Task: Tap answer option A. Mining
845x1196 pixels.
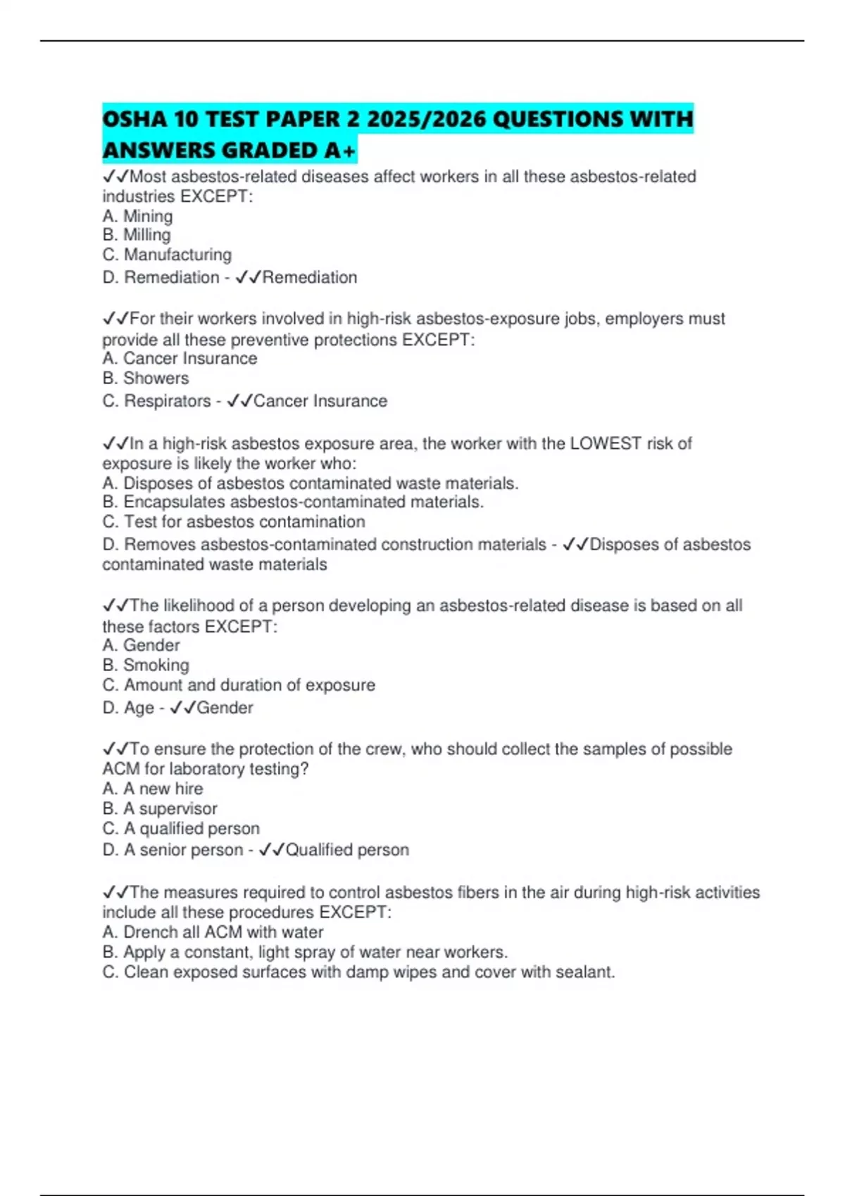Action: coord(137,216)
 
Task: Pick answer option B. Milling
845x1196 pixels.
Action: coord(137,235)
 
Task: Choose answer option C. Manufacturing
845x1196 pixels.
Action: coord(167,255)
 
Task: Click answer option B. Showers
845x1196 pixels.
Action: coord(146,378)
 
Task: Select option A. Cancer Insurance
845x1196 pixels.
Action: coord(180,359)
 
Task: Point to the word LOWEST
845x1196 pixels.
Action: coord(606,444)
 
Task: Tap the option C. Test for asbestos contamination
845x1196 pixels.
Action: coord(234,522)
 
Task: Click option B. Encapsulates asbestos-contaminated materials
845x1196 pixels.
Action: coord(293,502)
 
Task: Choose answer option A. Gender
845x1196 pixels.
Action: coord(141,646)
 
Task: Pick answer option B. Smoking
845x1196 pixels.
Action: coord(146,666)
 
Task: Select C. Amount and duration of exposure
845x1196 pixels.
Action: coord(239,685)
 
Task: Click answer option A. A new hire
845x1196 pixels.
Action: coord(153,789)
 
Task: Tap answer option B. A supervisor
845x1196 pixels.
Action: coord(160,809)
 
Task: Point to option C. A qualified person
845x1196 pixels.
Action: coord(181,829)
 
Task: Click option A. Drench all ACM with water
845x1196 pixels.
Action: coord(213,933)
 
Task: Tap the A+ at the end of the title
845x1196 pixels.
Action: coord(339,150)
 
